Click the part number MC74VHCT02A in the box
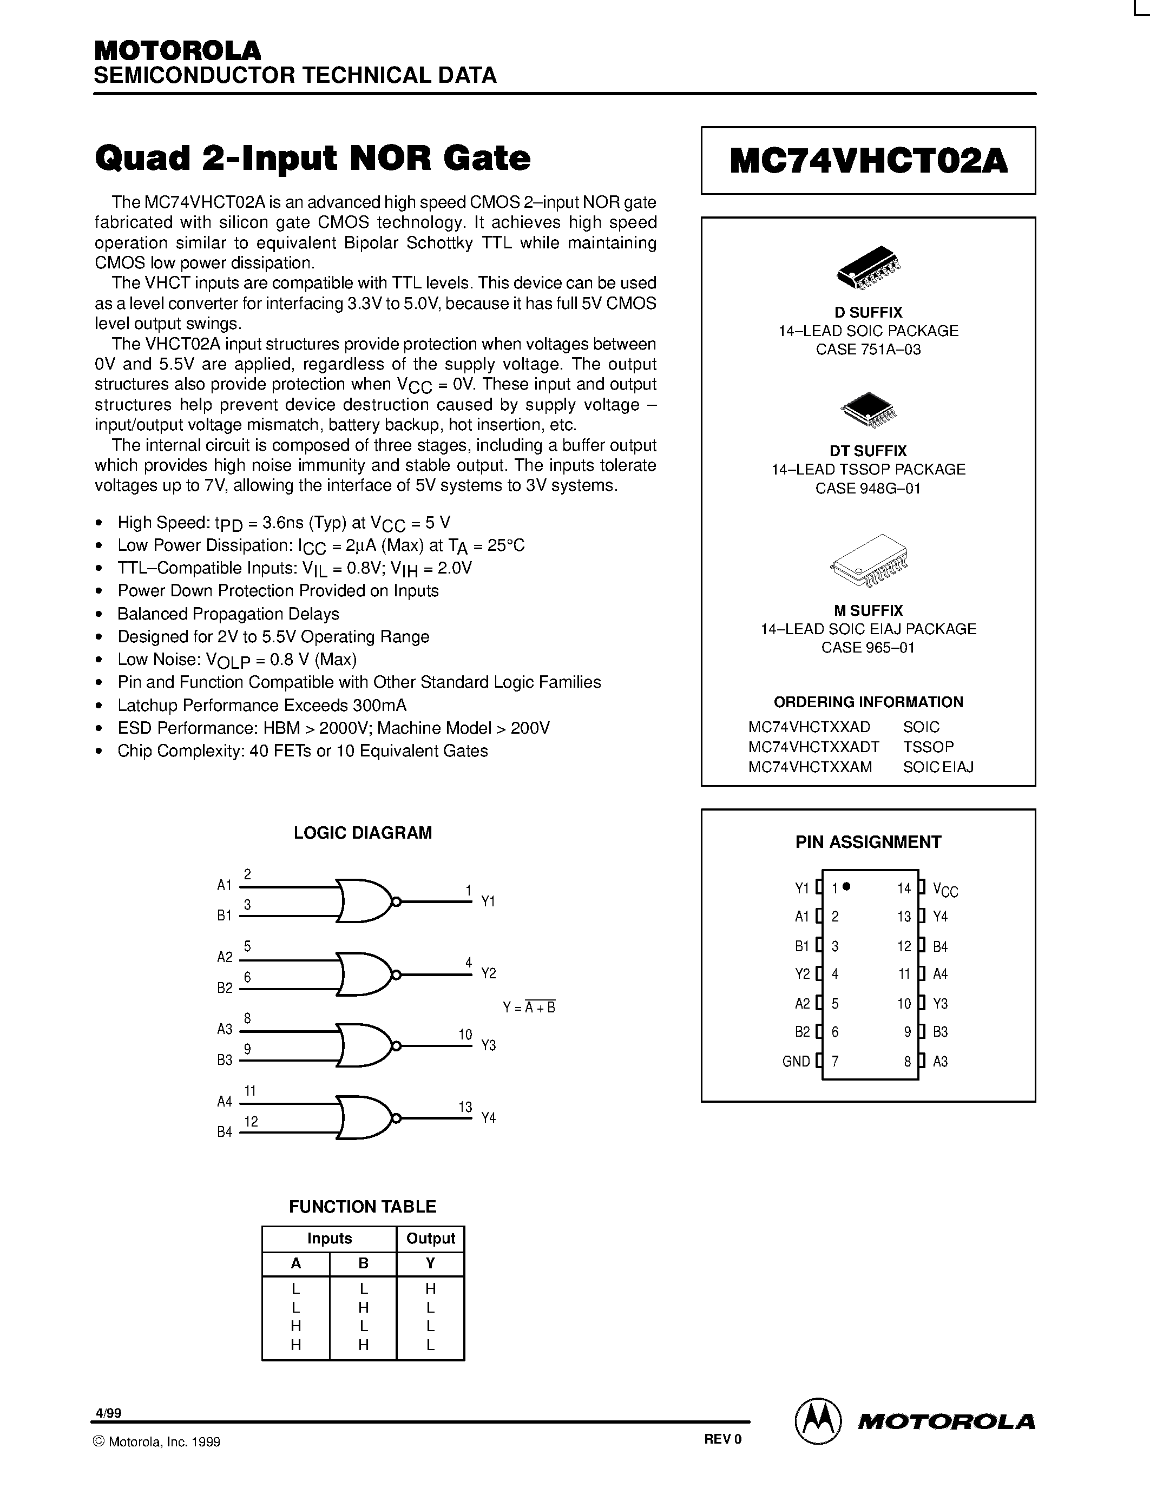[868, 161]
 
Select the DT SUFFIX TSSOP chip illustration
[868, 409]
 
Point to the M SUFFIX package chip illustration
[869, 560]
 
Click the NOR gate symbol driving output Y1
[365, 901]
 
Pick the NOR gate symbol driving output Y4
[365, 1117]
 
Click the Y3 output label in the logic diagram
[489, 1045]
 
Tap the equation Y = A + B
[529, 1007]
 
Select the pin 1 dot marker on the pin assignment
[846, 886]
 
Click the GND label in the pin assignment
[796, 1062]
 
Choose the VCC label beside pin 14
[945, 889]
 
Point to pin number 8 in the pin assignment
[908, 1062]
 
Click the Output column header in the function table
[430, 1239]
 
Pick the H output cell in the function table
[430, 1288]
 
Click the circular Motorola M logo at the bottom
[818, 1422]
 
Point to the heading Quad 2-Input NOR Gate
[313, 158]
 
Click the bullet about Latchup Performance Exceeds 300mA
[261, 705]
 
